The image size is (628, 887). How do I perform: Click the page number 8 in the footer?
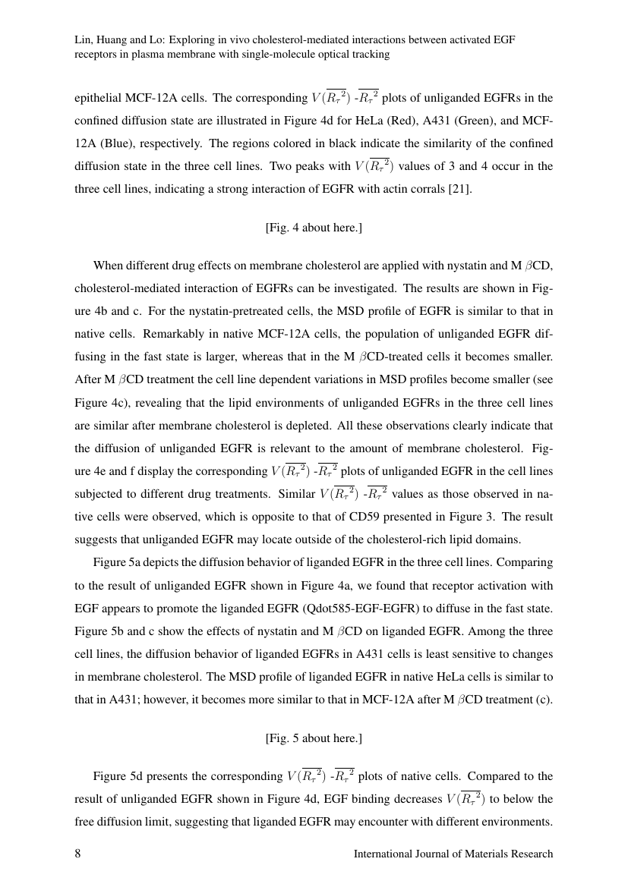pyautogui.click(x=77, y=854)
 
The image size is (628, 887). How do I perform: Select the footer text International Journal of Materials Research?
pyautogui.click(x=453, y=854)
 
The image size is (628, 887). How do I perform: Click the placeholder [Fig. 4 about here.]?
pyautogui.click(x=314, y=228)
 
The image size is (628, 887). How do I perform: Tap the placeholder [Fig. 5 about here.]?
pyautogui.click(x=314, y=738)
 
